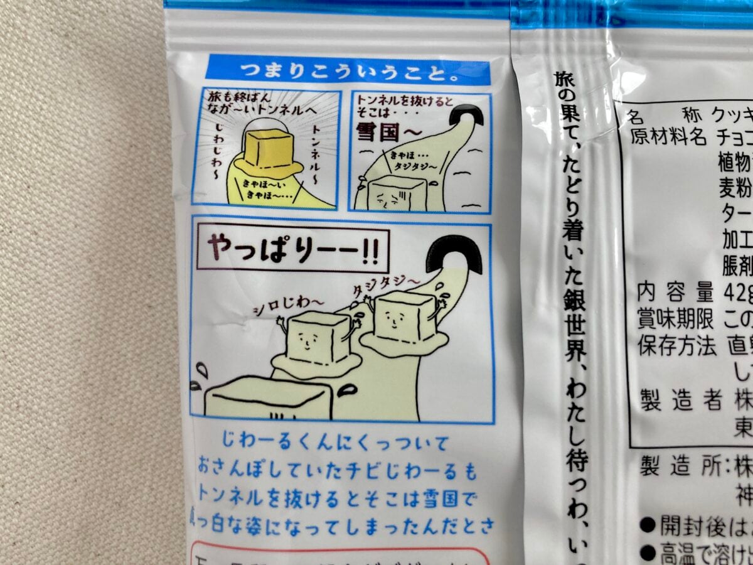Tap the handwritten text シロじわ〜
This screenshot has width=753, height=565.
(x=289, y=303)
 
